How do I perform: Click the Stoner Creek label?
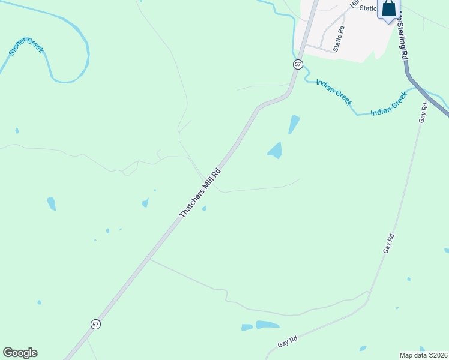(x=26, y=47)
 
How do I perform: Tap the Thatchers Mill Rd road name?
(x=200, y=193)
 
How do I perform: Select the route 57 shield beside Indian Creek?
(x=298, y=64)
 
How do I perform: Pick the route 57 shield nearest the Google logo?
(x=95, y=324)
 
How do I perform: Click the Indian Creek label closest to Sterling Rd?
(x=389, y=104)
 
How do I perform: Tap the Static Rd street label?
(x=339, y=38)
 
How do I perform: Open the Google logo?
(x=20, y=353)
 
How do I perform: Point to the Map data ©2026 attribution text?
(x=423, y=355)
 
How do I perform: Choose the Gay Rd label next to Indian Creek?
(x=423, y=113)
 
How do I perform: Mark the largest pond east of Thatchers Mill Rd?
(x=275, y=150)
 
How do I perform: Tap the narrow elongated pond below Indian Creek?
(x=294, y=124)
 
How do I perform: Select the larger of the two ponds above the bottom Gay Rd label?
(x=267, y=325)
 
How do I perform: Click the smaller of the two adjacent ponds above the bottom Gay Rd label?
(x=247, y=328)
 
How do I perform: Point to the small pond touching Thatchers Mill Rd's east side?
(x=204, y=208)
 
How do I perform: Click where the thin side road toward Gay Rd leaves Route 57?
(x=149, y=260)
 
